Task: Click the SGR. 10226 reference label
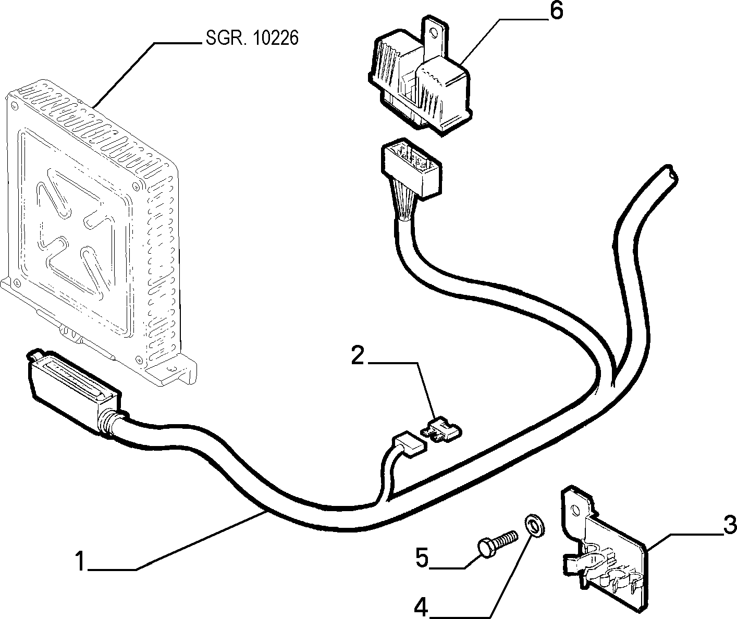pos(252,38)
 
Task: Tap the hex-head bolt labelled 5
pos(497,545)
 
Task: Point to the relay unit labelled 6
pos(420,79)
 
